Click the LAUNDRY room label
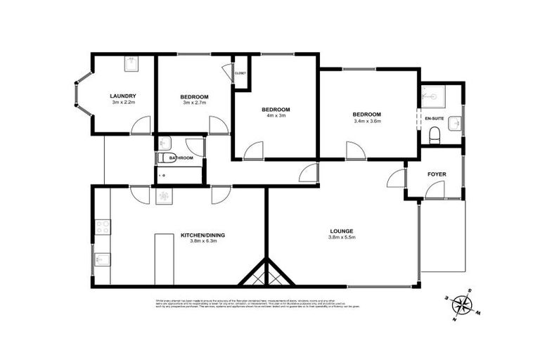point(122,96)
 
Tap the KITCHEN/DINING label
point(202,235)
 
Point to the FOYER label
point(437,174)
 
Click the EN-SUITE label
point(435,120)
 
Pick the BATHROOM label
point(181,158)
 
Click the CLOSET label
point(240,72)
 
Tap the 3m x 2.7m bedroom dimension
point(194,104)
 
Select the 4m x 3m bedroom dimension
point(276,117)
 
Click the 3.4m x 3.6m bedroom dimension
point(367,122)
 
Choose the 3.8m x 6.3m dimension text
point(202,243)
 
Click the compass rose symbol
point(462,304)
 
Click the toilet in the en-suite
point(435,134)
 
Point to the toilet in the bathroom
point(165,158)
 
